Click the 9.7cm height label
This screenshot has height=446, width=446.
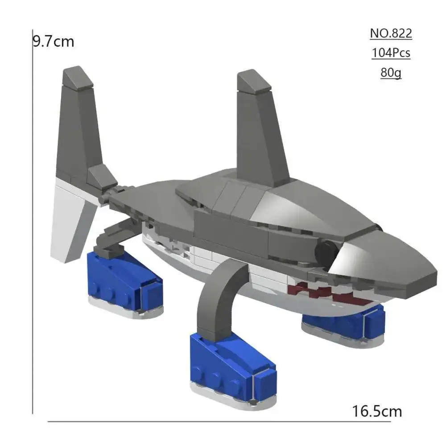pos(54,41)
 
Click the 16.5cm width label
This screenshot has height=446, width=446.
pos(377,411)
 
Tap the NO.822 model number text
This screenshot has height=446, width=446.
pos(391,33)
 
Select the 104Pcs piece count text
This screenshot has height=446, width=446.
pos(391,53)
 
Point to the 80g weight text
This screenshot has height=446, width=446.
pos(391,73)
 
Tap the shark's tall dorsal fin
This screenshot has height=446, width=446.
pos(260,128)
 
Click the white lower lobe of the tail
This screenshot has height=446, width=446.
pos(71,219)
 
